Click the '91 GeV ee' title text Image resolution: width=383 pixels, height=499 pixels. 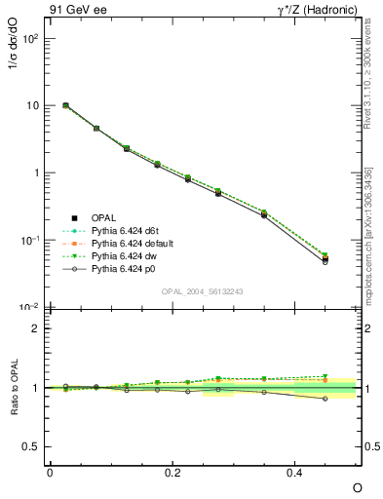74,12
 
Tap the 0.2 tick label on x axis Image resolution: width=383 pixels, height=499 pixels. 172,472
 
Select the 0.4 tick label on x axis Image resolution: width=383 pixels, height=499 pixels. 295,472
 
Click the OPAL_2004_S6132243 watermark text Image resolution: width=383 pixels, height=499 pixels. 202,291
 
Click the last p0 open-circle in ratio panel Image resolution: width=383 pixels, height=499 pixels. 326,399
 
